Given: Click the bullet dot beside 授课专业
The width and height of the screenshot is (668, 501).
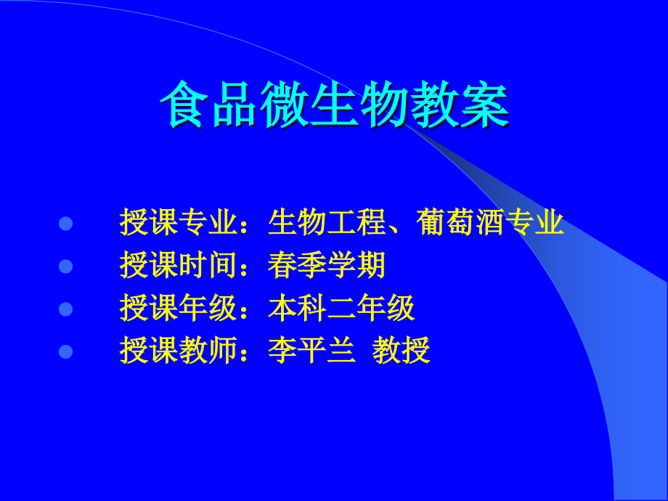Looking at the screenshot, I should (x=66, y=224).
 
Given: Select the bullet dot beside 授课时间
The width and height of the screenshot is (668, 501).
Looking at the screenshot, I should (x=66, y=266).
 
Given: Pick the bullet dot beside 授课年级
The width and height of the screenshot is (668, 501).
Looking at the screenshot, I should (x=66, y=309).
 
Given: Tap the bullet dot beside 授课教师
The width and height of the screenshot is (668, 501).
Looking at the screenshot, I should (x=66, y=352).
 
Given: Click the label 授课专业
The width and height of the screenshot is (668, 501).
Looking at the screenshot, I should (x=179, y=224).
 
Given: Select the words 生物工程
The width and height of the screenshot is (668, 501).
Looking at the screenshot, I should (x=327, y=224).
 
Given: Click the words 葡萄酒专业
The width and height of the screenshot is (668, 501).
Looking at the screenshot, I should (x=491, y=224).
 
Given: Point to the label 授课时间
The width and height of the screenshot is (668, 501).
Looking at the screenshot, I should (x=179, y=266).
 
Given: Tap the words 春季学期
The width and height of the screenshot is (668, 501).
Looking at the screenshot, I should (x=327, y=266).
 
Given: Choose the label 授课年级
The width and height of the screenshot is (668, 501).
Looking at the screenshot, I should (x=179, y=309).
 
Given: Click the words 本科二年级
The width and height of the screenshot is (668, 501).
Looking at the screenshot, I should (x=341, y=309).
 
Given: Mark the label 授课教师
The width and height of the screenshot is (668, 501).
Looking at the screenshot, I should (x=179, y=352).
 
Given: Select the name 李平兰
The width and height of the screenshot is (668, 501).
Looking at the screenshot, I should (x=311, y=352).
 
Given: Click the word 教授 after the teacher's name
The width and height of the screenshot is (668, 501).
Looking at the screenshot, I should (x=402, y=352).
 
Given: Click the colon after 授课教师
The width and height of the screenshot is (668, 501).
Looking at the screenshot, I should (x=250, y=354).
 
